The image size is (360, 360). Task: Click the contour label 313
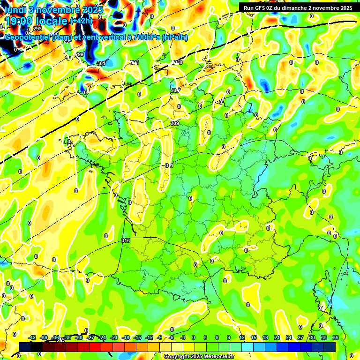(x=125, y=240)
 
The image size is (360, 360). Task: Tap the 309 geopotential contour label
(x=175, y=123)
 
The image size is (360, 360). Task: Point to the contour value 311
(x=169, y=165)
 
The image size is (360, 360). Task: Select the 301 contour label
(x=100, y=63)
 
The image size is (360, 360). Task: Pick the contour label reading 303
(x=135, y=62)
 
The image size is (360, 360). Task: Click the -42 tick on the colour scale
(x=32, y=337)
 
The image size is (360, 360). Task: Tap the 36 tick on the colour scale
(x=336, y=337)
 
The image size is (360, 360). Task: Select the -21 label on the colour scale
(x=114, y=337)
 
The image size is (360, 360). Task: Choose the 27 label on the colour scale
(x=300, y=337)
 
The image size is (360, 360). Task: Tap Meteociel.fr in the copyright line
(x=218, y=356)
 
